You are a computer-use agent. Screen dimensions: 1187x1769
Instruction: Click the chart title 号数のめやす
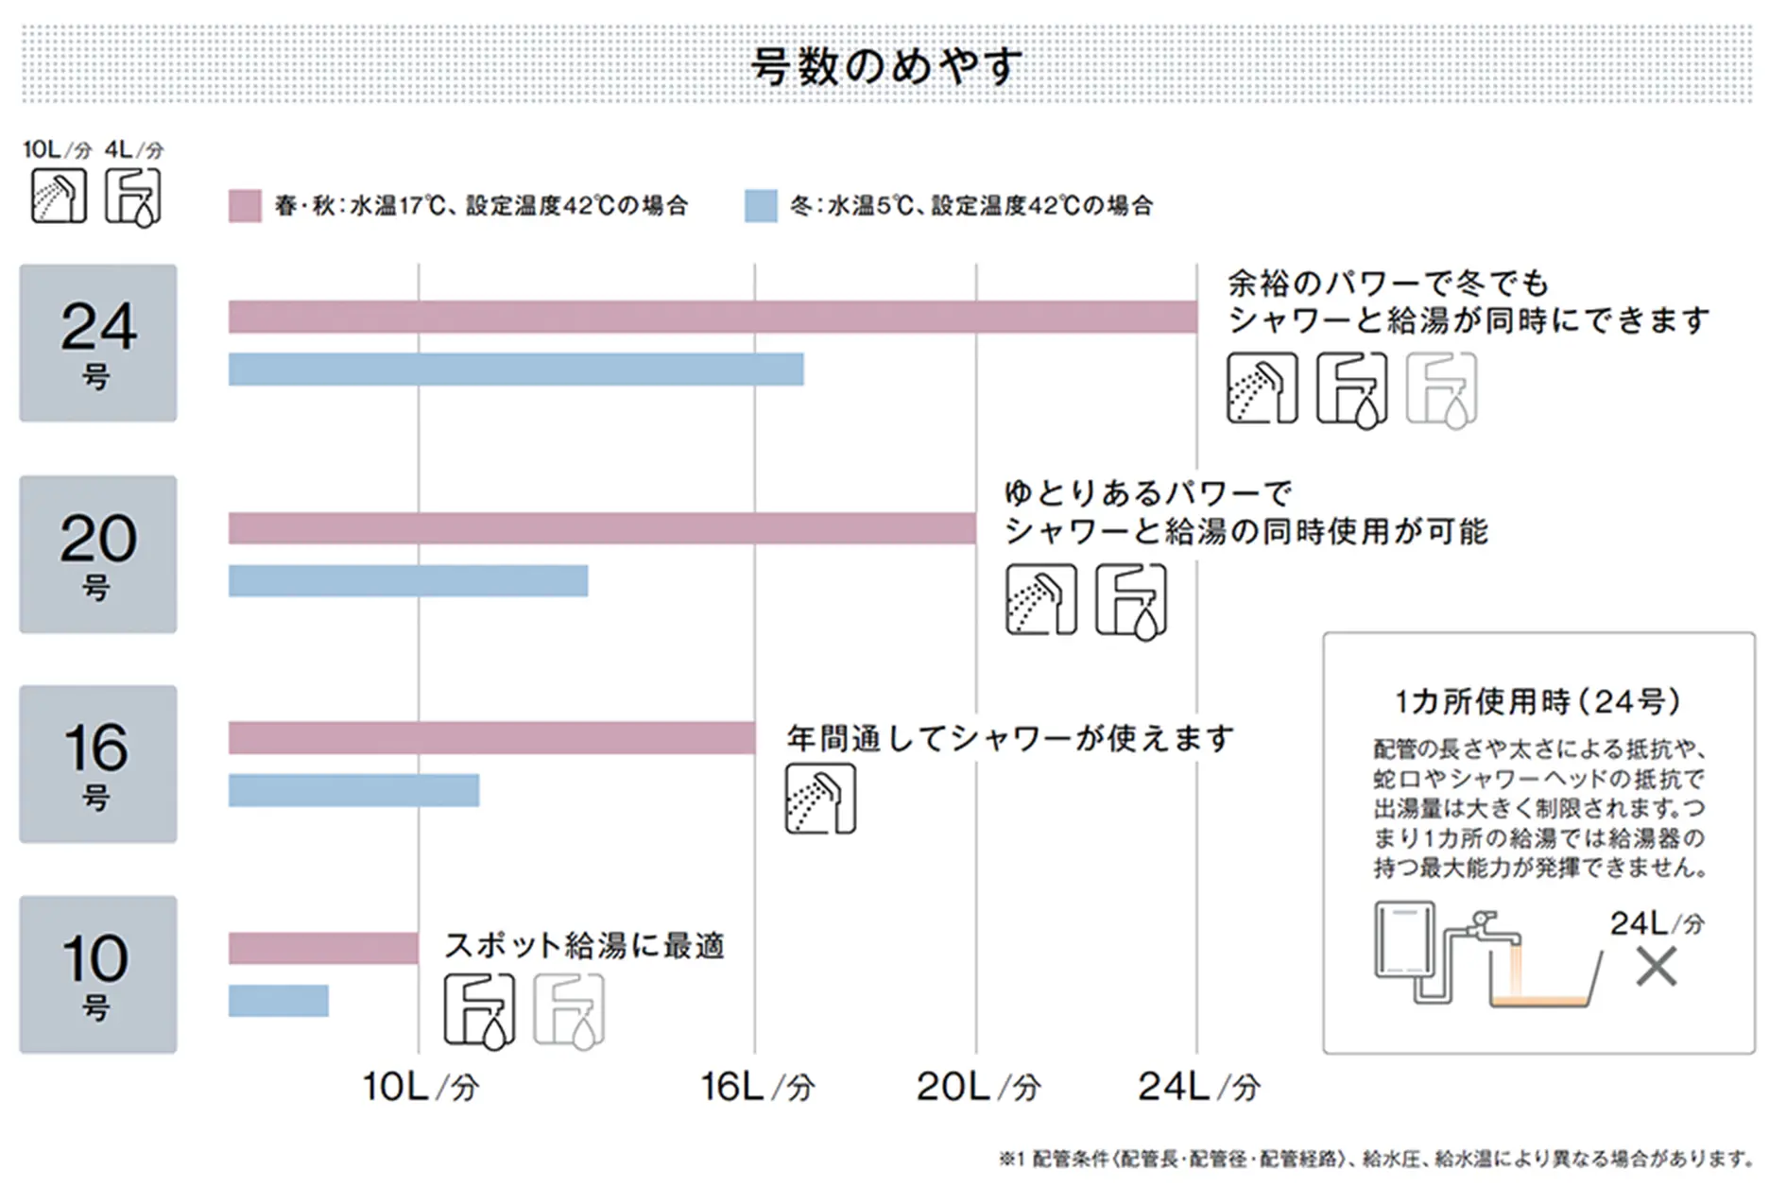886,66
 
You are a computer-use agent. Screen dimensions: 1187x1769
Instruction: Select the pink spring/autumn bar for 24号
712,317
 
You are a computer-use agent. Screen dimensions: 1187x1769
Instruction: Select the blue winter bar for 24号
515,370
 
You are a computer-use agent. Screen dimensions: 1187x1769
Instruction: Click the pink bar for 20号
601,528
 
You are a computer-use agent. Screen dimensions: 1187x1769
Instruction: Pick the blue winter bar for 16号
353,790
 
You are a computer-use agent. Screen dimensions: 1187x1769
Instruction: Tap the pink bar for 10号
322,948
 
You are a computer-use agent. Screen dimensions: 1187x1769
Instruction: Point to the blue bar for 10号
278,1001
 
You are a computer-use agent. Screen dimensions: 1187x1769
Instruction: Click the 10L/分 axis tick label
421,1087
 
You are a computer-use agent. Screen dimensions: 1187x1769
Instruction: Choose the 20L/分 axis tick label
978,1087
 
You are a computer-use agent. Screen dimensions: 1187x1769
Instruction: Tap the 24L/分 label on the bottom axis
1198,1087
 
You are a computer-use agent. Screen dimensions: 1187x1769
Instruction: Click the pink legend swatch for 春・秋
245,206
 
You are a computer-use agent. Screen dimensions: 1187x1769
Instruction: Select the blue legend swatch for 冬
761,206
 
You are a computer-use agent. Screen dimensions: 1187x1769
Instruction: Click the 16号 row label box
98,764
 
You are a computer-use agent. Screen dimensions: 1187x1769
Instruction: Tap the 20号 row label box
98,554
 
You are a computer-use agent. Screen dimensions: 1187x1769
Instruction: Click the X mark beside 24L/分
1656,967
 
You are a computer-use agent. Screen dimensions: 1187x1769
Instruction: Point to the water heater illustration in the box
1404,940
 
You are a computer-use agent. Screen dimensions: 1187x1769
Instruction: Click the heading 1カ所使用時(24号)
1537,701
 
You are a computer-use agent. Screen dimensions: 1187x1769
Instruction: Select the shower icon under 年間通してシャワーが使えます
820,800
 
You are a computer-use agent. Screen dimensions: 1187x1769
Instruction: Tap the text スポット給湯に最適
584,945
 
